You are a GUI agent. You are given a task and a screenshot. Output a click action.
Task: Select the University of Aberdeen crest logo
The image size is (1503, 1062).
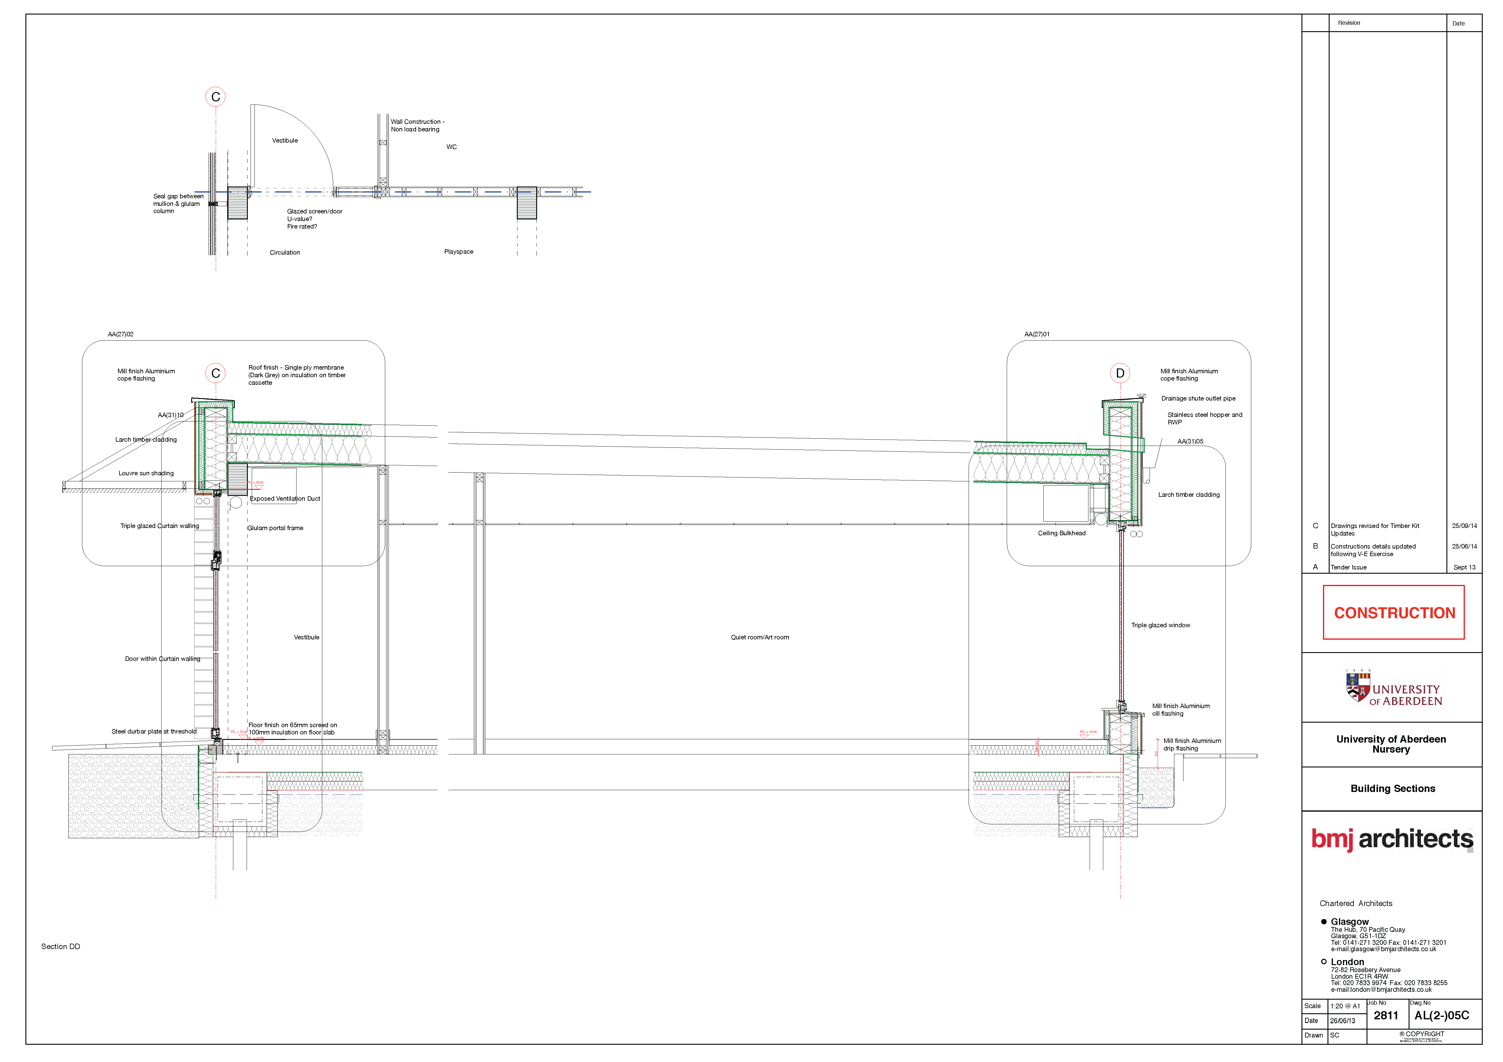(x=1358, y=688)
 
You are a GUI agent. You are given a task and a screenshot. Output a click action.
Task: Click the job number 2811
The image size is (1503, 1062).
(x=1386, y=1015)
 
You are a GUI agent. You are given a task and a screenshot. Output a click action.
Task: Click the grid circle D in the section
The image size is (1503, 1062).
(x=1120, y=373)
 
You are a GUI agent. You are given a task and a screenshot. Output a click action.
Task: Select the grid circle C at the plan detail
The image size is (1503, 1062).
(x=215, y=97)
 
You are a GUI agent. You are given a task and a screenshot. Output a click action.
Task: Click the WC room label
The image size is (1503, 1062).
(x=452, y=147)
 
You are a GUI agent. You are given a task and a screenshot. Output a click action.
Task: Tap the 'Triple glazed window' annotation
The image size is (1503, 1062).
(x=1160, y=625)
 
